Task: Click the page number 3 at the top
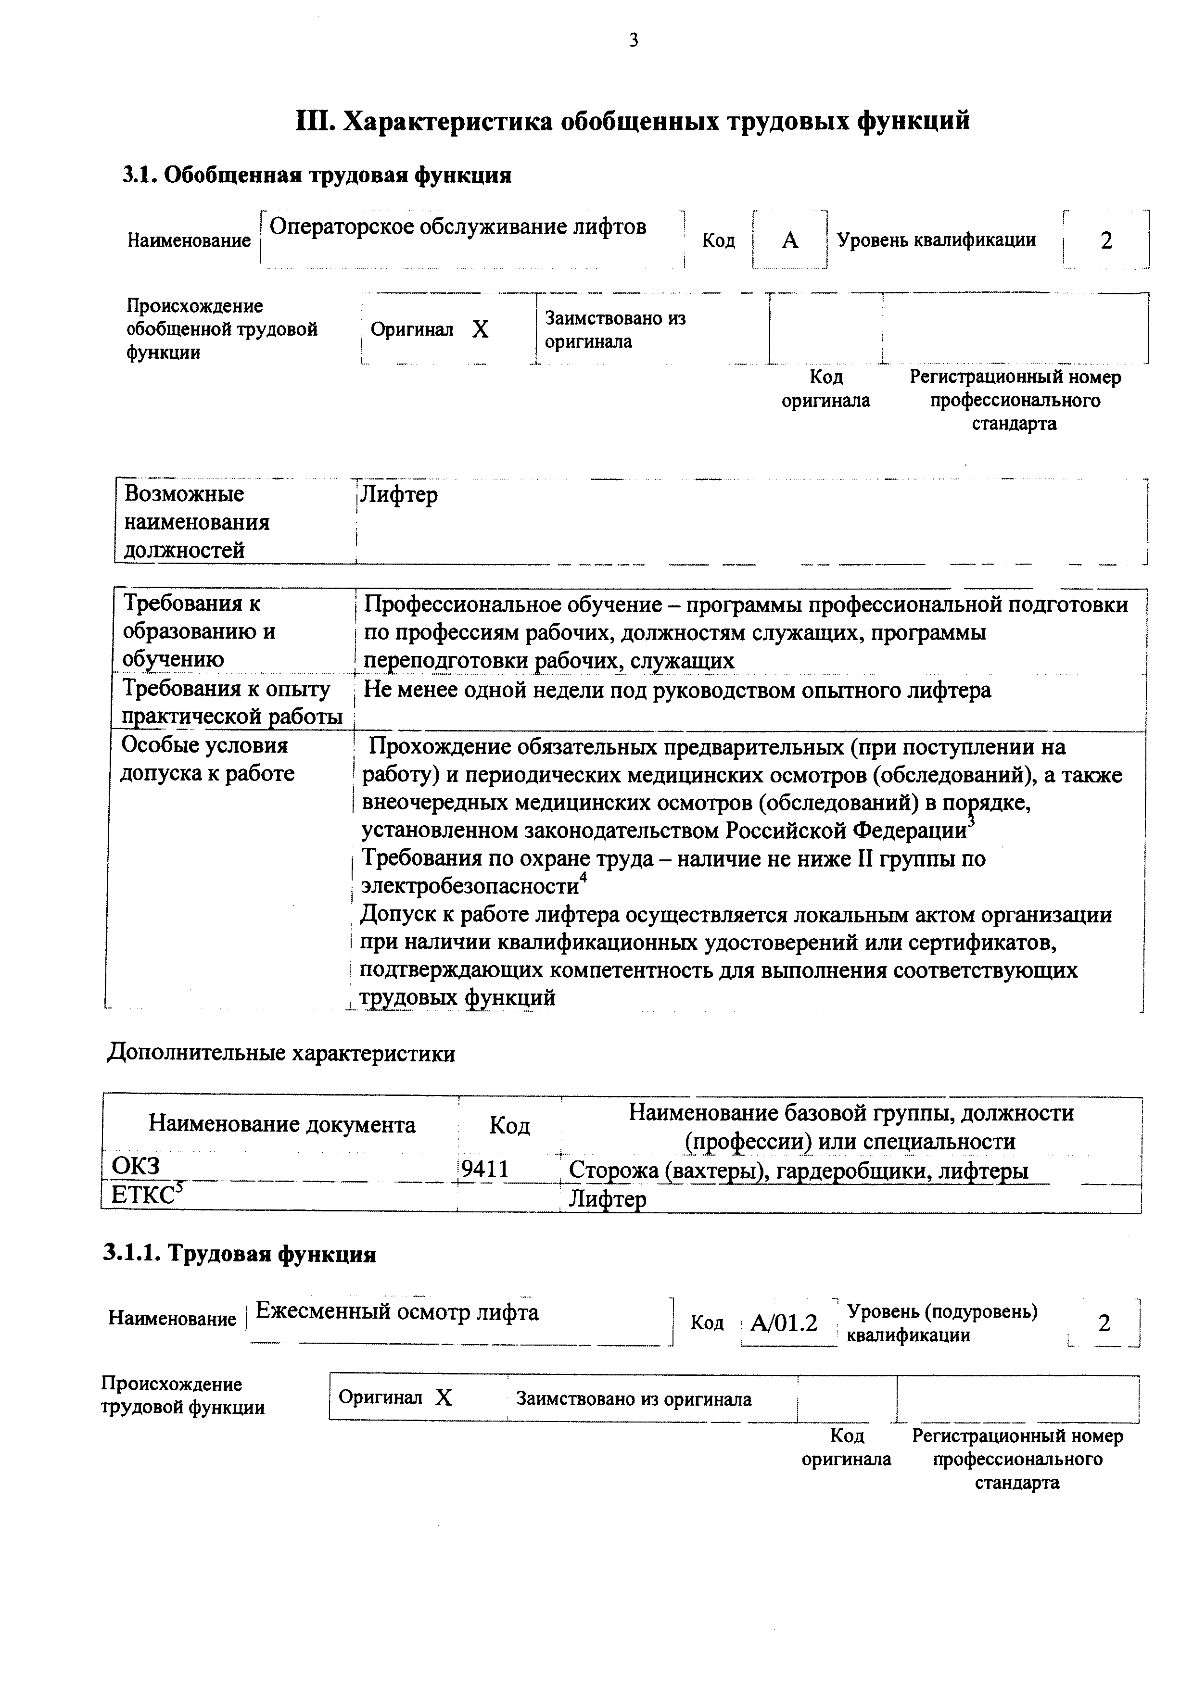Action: click(x=633, y=41)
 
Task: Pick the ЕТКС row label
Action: click(x=142, y=1196)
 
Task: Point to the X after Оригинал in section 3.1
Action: click(x=480, y=330)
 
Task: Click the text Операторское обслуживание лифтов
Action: click(x=458, y=227)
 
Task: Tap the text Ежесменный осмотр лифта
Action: click(x=397, y=1312)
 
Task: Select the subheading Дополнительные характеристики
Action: click(x=281, y=1053)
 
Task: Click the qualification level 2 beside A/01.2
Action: click(x=1104, y=1323)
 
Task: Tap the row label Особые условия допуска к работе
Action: click(x=207, y=759)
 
